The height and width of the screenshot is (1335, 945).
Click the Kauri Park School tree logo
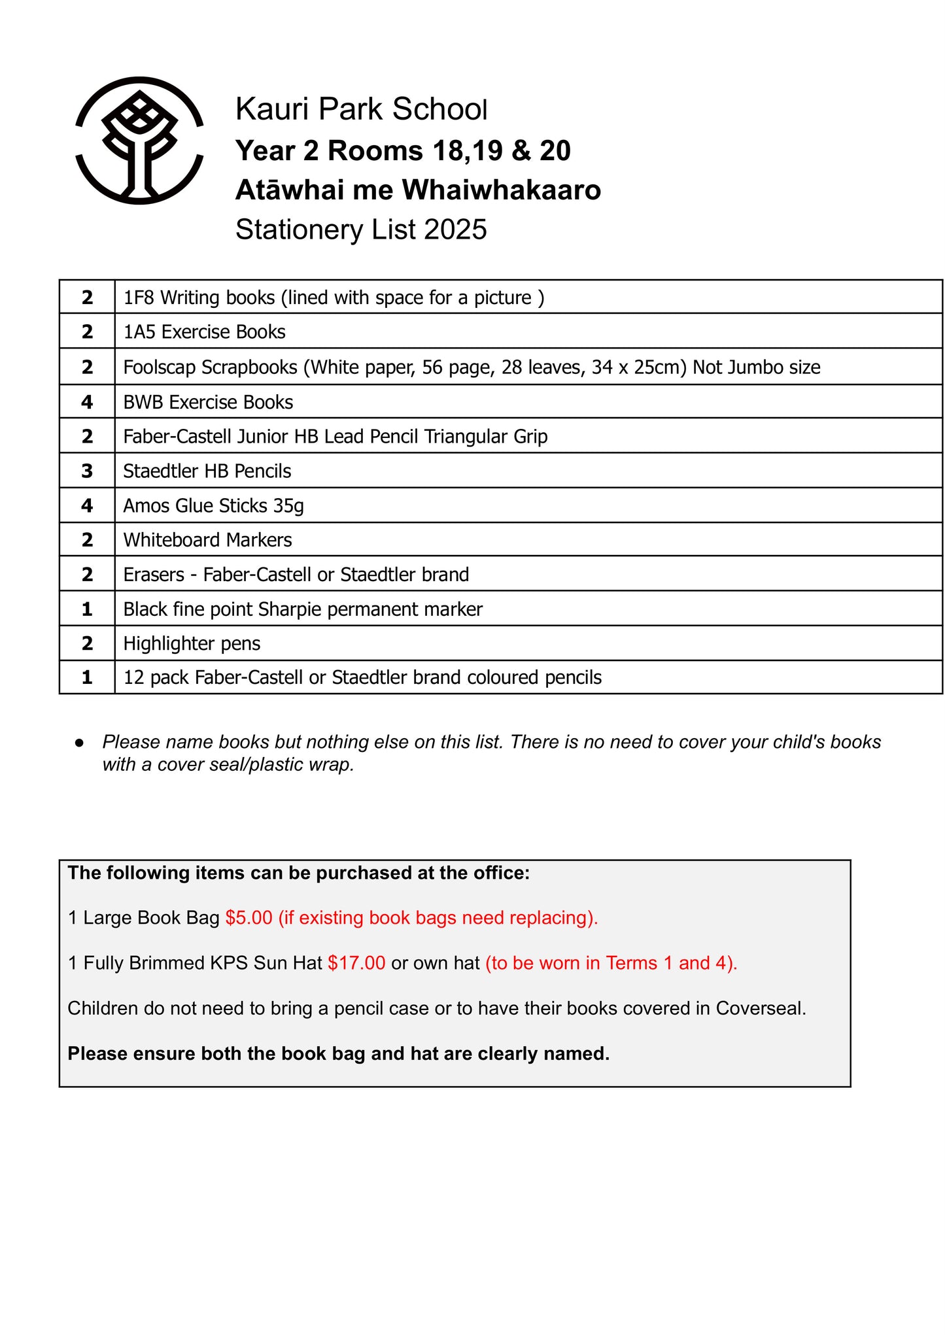pyautogui.click(x=139, y=141)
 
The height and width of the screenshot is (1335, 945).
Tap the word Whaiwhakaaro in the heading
pyautogui.click(x=501, y=190)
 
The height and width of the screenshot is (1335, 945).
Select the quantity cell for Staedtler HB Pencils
pyautogui.click(x=87, y=471)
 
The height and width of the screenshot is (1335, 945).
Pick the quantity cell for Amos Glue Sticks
pyautogui.click(x=87, y=505)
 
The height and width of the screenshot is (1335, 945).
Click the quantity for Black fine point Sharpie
pyautogui.click(x=87, y=609)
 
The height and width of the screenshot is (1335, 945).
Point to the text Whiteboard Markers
pyautogui.click(x=207, y=540)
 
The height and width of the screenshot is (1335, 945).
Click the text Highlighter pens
pyautogui.click(x=192, y=644)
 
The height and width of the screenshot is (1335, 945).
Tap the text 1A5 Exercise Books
pyautogui.click(x=204, y=332)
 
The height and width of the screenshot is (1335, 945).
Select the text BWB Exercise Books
pyautogui.click(x=208, y=402)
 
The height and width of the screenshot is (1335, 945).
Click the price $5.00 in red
pyautogui.click(x=249, y=918)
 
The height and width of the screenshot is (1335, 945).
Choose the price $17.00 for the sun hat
pyautogui.click(x=356, y=963)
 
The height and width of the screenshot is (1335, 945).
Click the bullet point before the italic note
pyautogui.click(x=79, y=743)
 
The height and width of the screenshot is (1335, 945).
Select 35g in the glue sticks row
pyautogui.click(x=288, y=506)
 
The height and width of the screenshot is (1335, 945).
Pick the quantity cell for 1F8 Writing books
pyautogui.click(x=87, y=297)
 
